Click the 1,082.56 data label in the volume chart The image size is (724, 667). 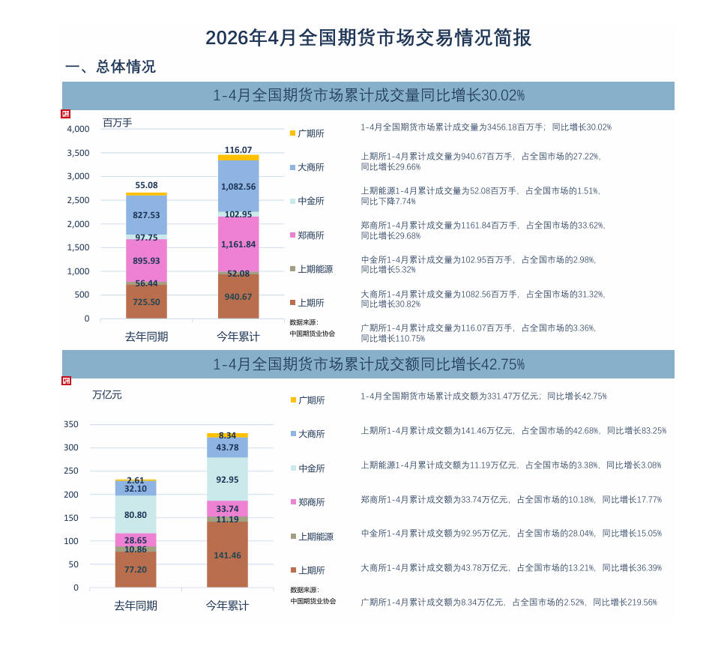click(x=238, y=187)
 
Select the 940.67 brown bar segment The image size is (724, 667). click(x=238, y=296)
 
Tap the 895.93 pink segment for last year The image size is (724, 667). click(x=146, y=260)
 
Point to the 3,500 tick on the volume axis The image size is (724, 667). click(x=78, y=153)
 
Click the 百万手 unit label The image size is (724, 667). click(x=117, y=123)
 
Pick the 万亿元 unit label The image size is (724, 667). click(x=106, y=395)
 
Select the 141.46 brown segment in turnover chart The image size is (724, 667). click(x=227, y=555)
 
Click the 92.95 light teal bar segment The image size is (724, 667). click(x=227, y=479)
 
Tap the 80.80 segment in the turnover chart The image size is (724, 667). click(x=136, y=515)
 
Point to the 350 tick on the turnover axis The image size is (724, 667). click(x=71, y=424)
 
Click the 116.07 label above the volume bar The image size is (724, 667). click(x=238, y=150)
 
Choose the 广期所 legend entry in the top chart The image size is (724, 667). click(x=307, y=133)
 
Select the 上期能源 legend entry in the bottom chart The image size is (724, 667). click(x=312, y=537)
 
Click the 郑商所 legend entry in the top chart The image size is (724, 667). click(x=307, y=235)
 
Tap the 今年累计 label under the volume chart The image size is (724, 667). click(x=238, y=336)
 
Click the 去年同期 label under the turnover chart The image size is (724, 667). click(x=136, y=605)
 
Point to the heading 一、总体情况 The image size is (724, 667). click(x=110, y=67)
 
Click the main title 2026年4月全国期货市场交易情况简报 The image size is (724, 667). click(x=368, y=38)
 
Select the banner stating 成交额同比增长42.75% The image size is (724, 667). click(x=368, y=364)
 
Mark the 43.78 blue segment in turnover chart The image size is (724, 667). click(x=227, y=447)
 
